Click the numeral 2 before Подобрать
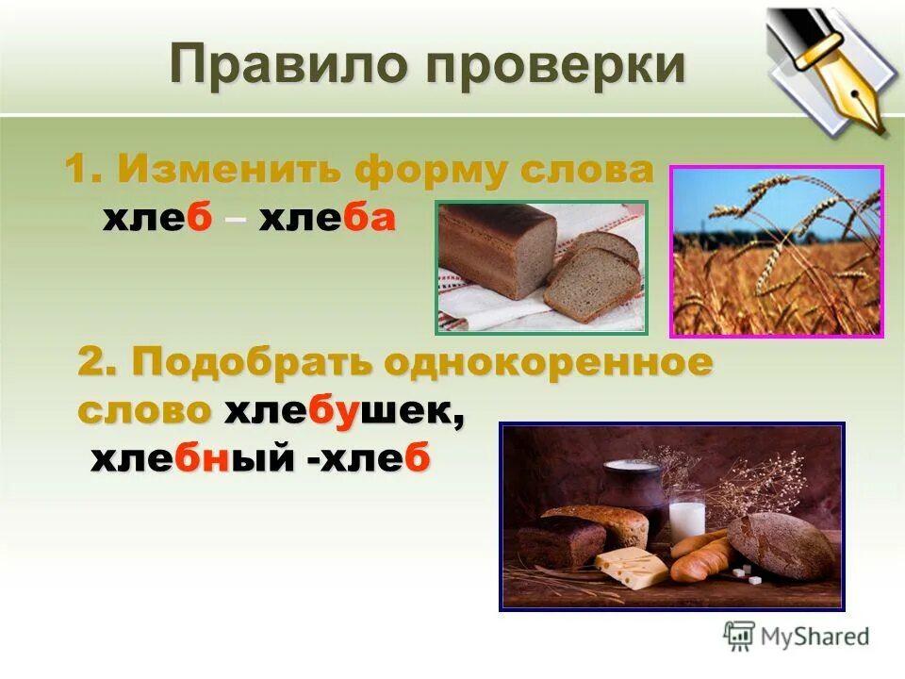click(90, 363)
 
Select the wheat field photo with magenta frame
click(776, 251)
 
